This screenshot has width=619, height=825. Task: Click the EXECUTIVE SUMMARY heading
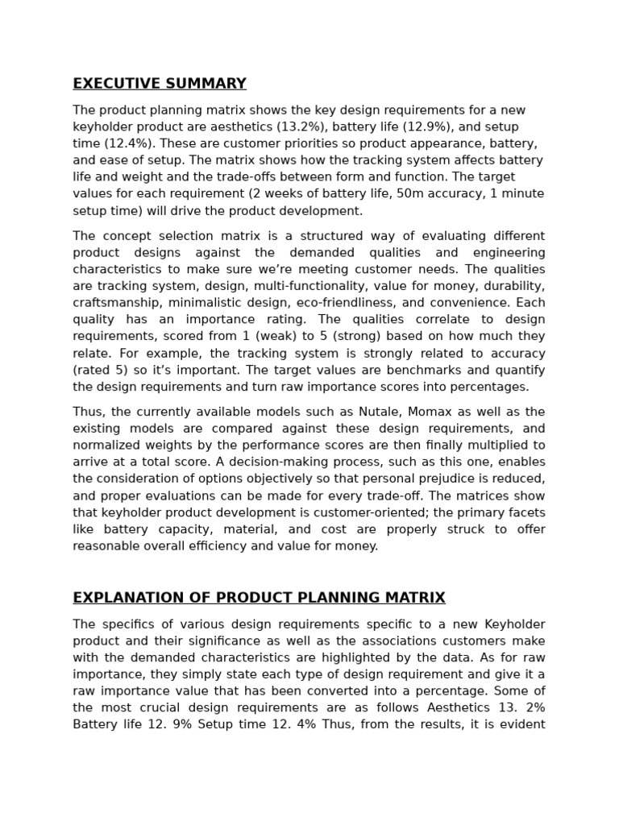(x=160, y=84)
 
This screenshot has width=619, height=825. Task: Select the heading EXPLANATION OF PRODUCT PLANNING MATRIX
(x=259, y=598)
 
